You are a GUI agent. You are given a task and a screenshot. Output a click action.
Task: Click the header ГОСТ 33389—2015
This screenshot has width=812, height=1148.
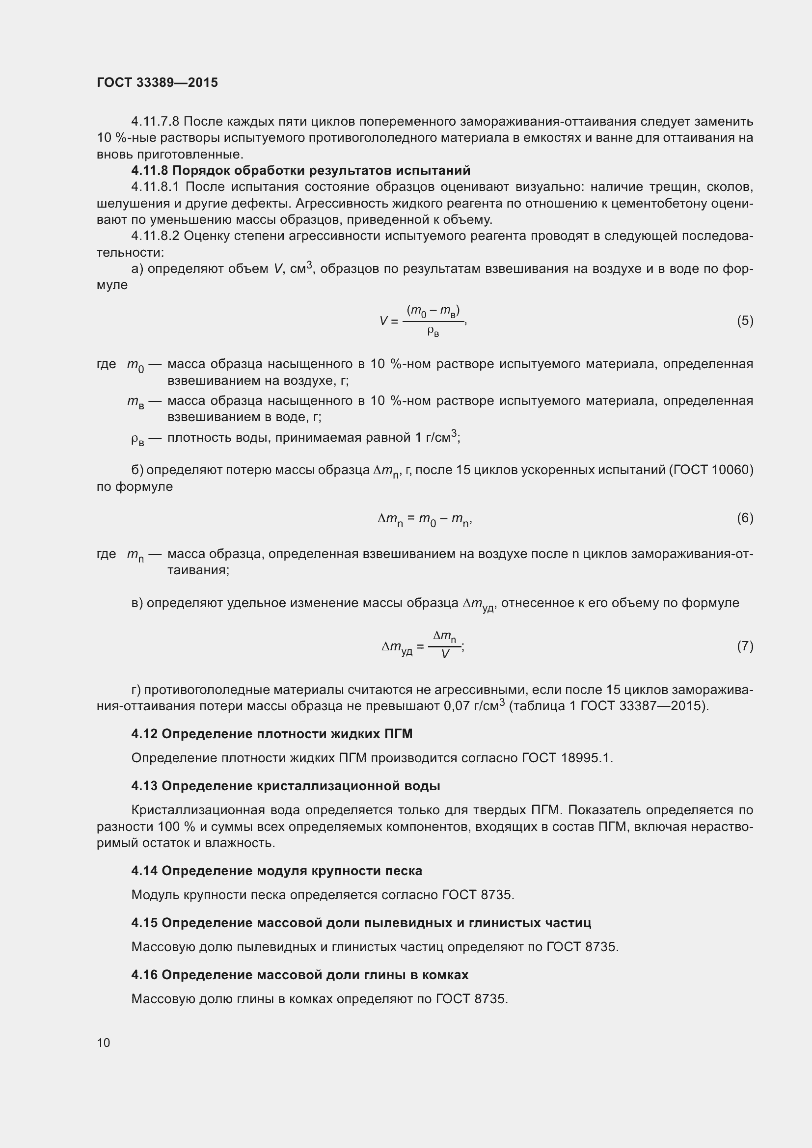(157, 82)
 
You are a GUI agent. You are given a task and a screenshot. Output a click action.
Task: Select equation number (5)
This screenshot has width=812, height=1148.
(745, 320)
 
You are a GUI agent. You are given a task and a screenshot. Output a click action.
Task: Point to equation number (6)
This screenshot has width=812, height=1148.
(745, 518)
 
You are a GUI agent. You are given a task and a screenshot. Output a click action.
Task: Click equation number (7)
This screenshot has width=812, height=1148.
(745, 646)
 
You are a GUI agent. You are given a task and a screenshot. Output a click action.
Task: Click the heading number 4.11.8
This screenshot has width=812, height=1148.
(150, 170)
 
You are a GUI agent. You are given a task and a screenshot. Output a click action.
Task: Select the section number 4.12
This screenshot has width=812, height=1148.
(144, 734)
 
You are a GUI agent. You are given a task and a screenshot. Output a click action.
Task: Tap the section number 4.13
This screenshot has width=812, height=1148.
(144, 786)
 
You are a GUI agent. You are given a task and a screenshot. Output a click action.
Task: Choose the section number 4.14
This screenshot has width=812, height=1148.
(144, 871)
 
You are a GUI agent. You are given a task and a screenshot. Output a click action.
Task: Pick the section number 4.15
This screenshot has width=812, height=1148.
(144, 923)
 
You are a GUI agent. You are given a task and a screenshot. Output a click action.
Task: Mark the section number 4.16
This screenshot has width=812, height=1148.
(144, 975)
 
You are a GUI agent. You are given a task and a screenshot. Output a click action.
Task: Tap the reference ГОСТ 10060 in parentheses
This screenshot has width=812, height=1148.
(711, 471)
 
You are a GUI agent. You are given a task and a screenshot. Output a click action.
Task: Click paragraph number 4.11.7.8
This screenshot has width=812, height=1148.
(155, 122)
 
